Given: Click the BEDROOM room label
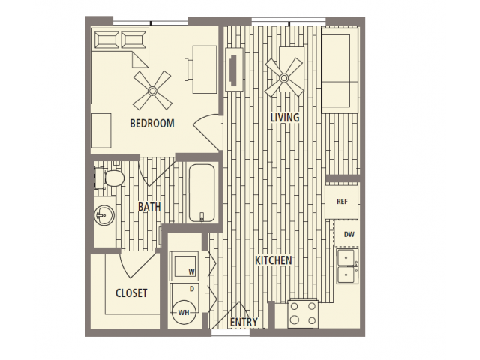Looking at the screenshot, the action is click(x=152, y=123).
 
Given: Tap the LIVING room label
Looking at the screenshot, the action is click(x=285, y=118).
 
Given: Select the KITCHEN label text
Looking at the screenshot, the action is click(x=274, y=260).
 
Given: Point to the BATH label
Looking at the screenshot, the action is click(x=149, y=207).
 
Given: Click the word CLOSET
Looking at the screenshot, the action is click(x=131, y=293).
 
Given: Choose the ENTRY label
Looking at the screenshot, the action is click(x=244, y=322).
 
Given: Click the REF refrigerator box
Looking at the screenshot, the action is click(x=342, y=202).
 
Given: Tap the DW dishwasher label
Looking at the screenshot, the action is click(x=349, y=235).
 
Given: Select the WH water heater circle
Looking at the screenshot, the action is click(x=184, y=312).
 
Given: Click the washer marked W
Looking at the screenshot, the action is click(x=184, y=264).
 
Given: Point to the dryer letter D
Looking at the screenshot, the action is click(x=192, y=289).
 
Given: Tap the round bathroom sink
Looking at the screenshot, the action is click(x=105, y=215).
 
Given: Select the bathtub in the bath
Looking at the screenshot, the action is click(x=202, y=193).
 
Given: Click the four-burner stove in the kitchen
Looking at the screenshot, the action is click(x=303, y=313).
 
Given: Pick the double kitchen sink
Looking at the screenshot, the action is click(x=347, y=266).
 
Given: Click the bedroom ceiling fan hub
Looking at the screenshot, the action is click(x=152, y=90).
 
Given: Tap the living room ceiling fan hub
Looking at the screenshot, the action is click(x=284, y=78).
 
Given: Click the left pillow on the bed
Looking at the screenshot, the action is click(x=106, y=40).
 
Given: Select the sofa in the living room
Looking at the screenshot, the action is click(x=340, y=70).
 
